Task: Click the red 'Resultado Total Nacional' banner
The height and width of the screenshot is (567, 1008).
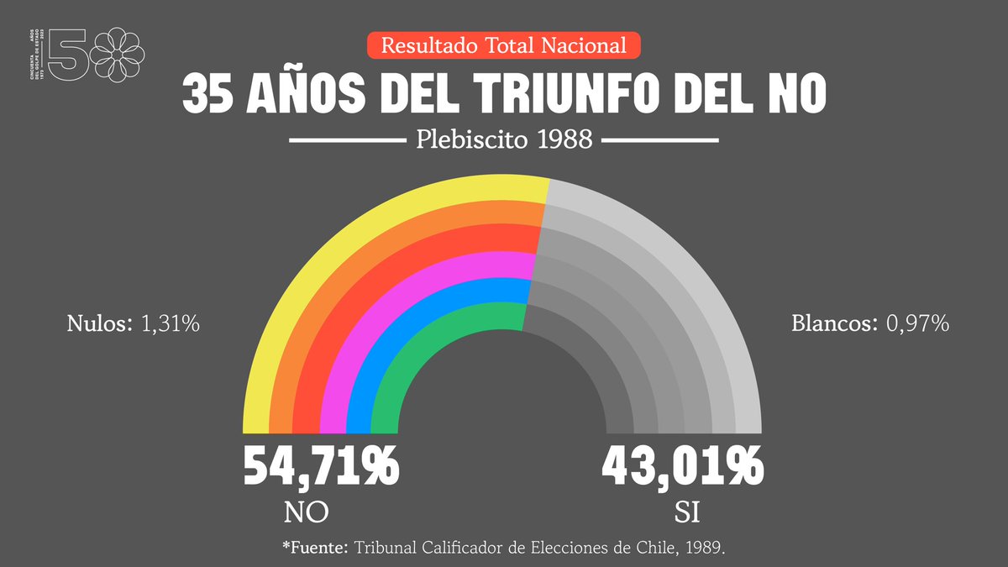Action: [x=504, y=45]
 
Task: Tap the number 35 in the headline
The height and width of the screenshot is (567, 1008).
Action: [x=207, y=94]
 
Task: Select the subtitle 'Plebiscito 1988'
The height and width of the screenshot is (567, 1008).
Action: [x=504, y=140]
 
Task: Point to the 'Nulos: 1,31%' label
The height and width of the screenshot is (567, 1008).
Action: [x=133, y=323]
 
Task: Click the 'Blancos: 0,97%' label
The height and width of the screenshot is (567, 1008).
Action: [x=870, y=323]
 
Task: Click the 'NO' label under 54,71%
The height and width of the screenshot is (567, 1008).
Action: [x=306, y=512]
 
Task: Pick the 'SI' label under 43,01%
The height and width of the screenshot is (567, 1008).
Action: [x=686, y=512]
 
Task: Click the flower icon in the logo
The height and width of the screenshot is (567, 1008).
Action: [x=118, y=52]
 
